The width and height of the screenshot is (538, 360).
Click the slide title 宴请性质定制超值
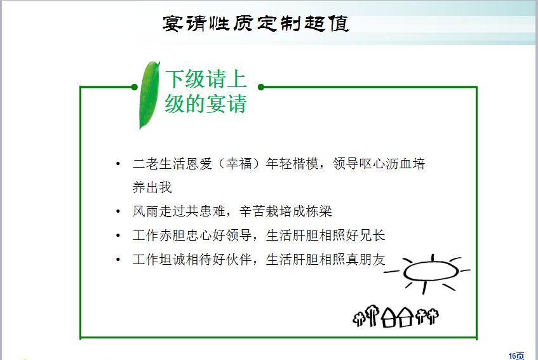pos(255,23)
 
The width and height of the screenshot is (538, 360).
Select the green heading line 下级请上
pos(206,79)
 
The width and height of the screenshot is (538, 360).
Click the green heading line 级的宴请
pos(206,103)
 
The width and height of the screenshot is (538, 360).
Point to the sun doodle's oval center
pos(431,272)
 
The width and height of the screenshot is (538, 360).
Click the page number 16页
pos(516,356)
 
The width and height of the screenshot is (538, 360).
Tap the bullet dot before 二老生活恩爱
pos(118,164)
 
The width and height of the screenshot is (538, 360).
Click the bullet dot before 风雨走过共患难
pos(118,211)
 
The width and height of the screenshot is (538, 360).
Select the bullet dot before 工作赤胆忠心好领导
pos(118,235)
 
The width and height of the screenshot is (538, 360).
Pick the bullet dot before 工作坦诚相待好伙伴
pos(118,259)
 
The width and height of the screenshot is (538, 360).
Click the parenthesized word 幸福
pos(239,164)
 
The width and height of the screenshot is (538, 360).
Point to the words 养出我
pos(152,187)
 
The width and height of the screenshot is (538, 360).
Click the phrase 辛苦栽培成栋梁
pos(286,211)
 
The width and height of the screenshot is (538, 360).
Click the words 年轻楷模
pos(292,164)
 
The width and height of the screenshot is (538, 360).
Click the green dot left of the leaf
pos(134,87)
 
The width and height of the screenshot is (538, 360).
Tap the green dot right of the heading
pos(261,87)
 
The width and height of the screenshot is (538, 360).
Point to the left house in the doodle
pos(388,317)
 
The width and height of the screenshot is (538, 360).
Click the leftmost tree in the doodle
pos(359,319)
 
